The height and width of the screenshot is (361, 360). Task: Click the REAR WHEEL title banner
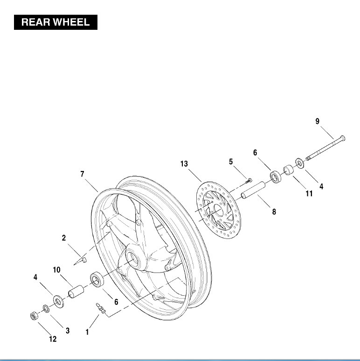coord(55,23)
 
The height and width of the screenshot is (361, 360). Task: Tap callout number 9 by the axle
coord(318,122)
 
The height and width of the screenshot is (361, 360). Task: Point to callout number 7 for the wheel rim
coord(82,174)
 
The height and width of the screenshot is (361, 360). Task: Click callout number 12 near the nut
coord(53,340)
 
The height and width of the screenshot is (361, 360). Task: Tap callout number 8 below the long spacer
coord(274,211)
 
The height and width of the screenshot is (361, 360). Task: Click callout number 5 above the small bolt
coord(230,162)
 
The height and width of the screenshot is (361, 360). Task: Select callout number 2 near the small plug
coord(64,238)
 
